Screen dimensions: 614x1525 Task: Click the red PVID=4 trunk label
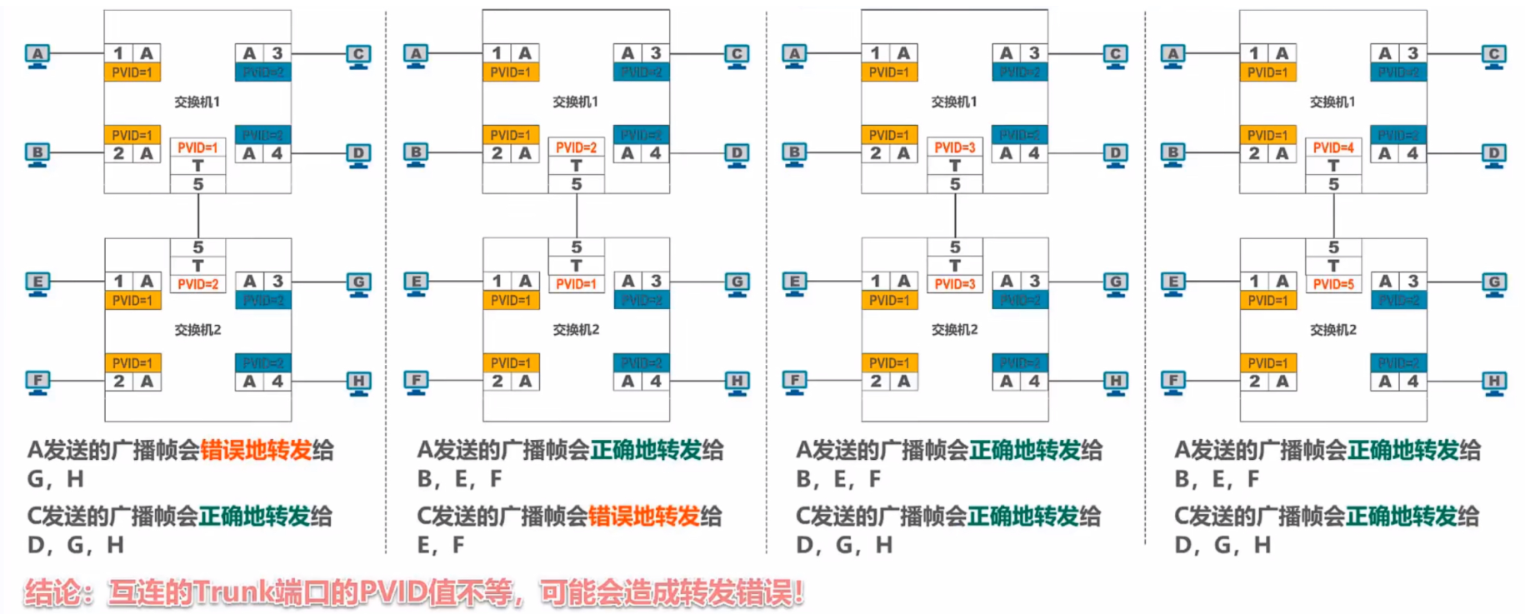(1333, 147)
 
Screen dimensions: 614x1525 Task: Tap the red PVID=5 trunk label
(1333, 284)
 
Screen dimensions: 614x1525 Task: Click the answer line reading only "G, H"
(56, 479)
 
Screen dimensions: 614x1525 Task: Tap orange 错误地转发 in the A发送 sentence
(256, 451)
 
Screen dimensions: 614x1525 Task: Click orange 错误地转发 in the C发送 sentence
(644, 517)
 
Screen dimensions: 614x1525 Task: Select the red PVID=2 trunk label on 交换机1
(576, 147)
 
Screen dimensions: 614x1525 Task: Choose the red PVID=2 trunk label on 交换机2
(197, 284)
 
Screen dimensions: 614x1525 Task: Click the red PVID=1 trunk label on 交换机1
(197, 147)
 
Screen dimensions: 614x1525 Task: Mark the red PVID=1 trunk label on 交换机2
(576, 284)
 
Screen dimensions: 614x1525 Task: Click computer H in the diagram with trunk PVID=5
(1494, 382)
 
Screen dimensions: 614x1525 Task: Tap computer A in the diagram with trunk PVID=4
(1173, 55)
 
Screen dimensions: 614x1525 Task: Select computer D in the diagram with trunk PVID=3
(1116, 153)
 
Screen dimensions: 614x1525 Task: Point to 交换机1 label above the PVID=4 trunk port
(1332, 102)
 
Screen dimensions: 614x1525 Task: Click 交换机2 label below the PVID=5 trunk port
(1332, 330)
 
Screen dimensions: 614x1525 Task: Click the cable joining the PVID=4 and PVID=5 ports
(1333, 216)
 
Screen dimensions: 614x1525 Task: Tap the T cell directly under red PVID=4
(1333, 166)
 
